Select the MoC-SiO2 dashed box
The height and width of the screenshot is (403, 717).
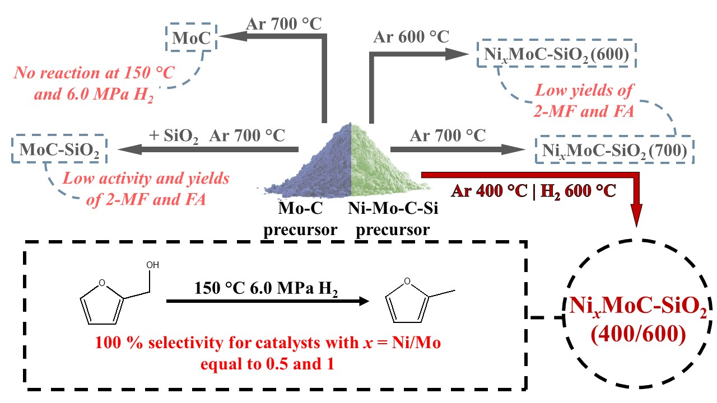click(59, 150)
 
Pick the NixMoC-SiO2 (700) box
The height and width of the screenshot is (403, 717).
click(614, 150)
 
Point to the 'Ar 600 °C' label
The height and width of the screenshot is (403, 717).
click(411, 38)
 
